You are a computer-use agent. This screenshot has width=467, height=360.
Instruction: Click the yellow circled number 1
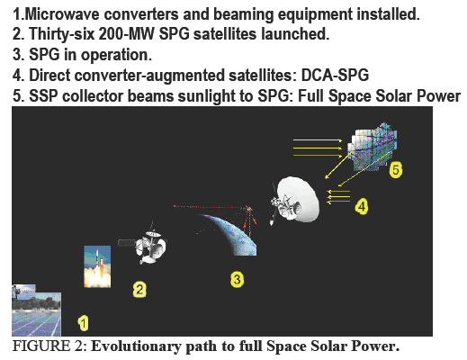[84, 320]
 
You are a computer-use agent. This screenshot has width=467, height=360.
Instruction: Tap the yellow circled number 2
[139, 289]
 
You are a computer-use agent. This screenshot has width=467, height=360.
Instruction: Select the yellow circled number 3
[237, 280]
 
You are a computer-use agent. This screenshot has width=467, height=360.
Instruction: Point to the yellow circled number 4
[361, 206]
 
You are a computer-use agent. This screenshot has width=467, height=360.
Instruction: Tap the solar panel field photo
[36, 310]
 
